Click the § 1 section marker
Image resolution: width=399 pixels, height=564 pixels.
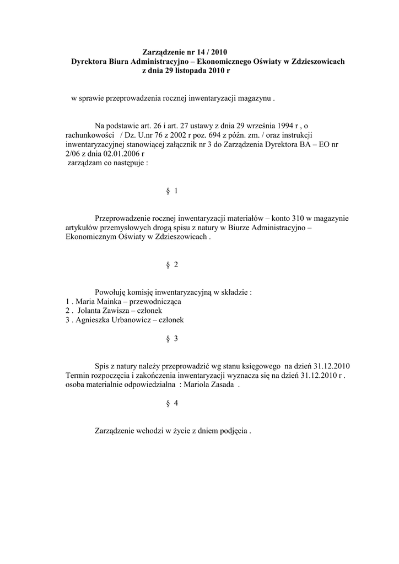click(171, 191)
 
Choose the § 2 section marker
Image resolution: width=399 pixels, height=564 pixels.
click(171, 265)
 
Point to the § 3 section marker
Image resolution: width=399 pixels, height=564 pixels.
click(171, 339)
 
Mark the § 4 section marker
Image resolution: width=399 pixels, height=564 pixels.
click(171, 403)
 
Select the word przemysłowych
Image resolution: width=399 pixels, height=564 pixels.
click(122, 227)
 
